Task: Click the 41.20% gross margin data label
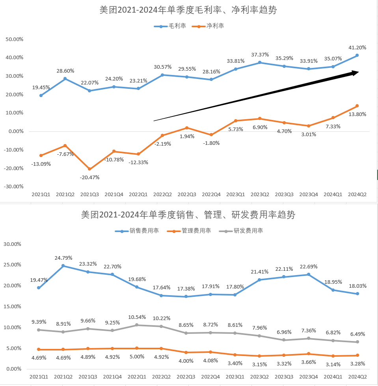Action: (357, 47)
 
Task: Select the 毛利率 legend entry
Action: (170, 26)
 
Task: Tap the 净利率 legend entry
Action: (208, 26)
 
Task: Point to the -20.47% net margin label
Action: (90, 177)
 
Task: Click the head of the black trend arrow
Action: (359, 72)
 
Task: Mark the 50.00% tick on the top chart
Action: (15, 39)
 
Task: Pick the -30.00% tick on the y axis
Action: (13, 186)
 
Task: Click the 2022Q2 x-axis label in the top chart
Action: (162, 195)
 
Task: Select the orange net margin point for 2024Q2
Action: (357, 106)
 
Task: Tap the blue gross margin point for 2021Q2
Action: (65, 79)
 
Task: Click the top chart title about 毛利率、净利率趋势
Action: (188, 10)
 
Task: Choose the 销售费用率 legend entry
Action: (137, 230)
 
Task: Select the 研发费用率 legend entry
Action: (241, 230)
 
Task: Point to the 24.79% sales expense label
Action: (63, 258)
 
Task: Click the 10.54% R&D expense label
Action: (137, 317)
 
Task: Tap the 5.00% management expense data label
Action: (137, 356)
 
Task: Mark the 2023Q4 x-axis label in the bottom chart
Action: (309, 377)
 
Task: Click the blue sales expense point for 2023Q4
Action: (309, 274)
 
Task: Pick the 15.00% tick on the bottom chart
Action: (12, 306)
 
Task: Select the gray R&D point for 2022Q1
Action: (137, 325)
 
